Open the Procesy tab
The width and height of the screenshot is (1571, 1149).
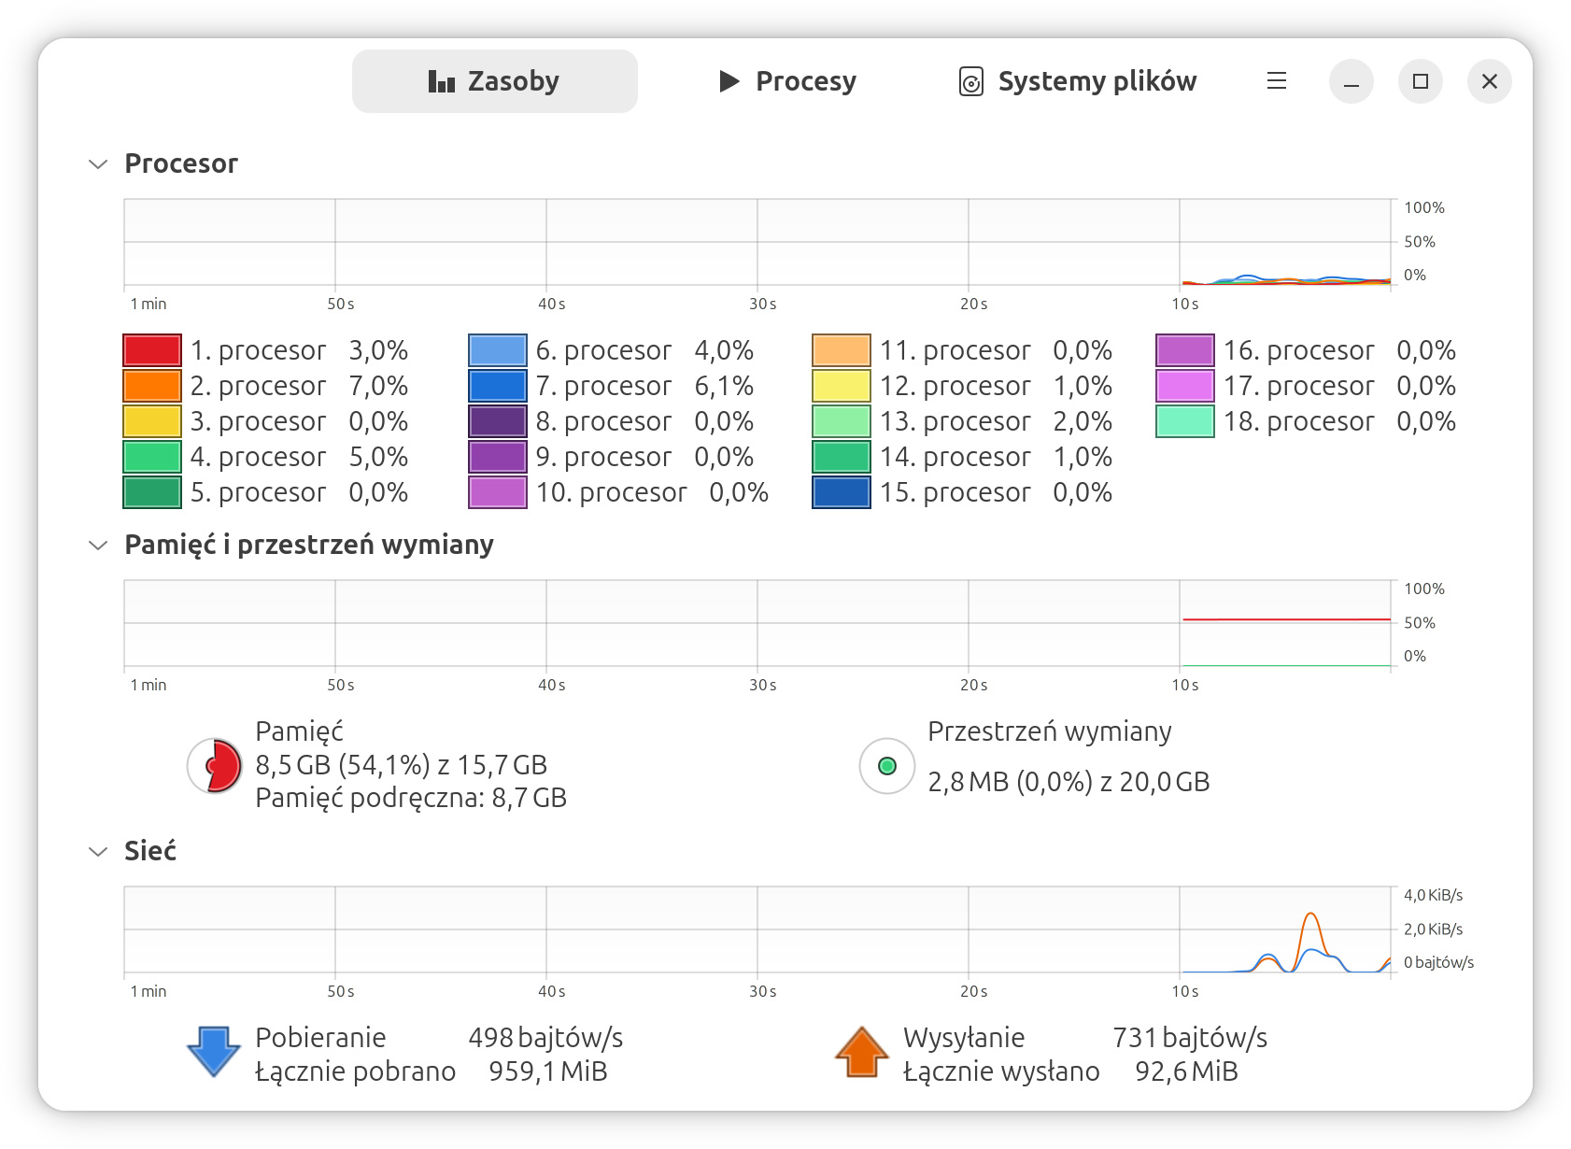(787, 81)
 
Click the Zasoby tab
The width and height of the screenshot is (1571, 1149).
(494, 81)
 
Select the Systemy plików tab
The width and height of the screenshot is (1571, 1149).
(1078, 81)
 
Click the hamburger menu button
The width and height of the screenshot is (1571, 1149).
(1276, 81)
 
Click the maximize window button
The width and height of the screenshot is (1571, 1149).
(1420, 81)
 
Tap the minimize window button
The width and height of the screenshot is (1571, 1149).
(1351, 81)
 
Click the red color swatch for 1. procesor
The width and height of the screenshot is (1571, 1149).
(151, 350)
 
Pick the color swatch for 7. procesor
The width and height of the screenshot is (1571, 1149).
(497, 386)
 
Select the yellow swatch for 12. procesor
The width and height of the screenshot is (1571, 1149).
(841, 386)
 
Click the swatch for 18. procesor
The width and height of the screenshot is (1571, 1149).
(1184, 421)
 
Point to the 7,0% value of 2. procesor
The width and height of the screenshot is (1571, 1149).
(378, 386)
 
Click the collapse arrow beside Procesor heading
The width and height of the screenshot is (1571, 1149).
(98, 164)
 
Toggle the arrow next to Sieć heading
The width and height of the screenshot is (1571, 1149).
(98, 852)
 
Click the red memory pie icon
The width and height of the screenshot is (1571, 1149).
(215, 766)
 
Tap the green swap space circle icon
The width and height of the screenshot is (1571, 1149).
(886, 766)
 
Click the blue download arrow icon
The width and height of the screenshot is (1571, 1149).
(214, 1052)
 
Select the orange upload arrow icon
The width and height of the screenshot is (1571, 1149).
(861, 1052)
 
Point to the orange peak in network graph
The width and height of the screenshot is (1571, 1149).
(1310, 915)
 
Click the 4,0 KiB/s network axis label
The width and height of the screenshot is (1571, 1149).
(1433, 895)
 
